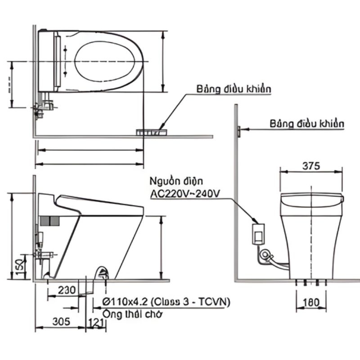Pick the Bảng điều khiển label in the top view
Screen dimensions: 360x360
point(234,89)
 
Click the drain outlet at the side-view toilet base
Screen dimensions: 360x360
point(103,272)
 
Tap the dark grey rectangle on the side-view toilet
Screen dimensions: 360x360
point(50,221)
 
